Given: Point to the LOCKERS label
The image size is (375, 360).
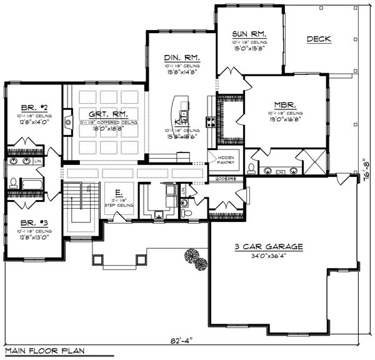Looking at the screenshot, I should pos(226,179).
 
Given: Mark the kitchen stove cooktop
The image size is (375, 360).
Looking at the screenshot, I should pos(211,121).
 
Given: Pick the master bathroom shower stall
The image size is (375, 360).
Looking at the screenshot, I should pos(312,161).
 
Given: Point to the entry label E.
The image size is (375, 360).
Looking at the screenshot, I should pos(117,192).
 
